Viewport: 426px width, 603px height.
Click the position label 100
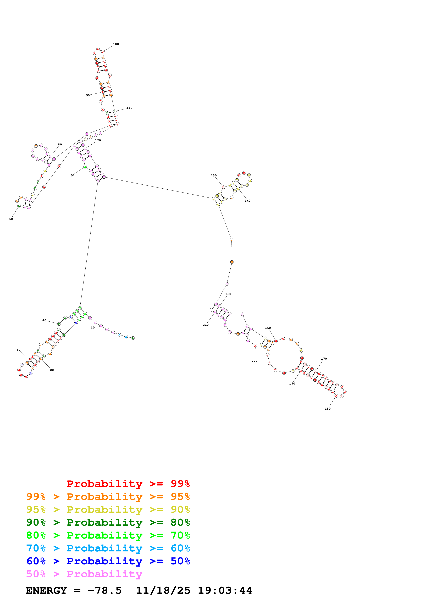[116, 44]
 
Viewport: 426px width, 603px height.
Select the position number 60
[11, 219]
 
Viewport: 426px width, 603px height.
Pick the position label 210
[206, 325]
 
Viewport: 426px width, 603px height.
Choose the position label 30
[18, 350]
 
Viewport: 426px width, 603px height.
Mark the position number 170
[324, 359]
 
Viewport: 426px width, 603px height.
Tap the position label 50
[72, 176]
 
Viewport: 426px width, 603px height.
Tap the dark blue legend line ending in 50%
[108, 561]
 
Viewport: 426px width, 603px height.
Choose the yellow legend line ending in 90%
[108, 509]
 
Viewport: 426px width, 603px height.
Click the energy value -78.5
[105, 591]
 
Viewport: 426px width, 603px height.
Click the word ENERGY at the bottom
[46, 591]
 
